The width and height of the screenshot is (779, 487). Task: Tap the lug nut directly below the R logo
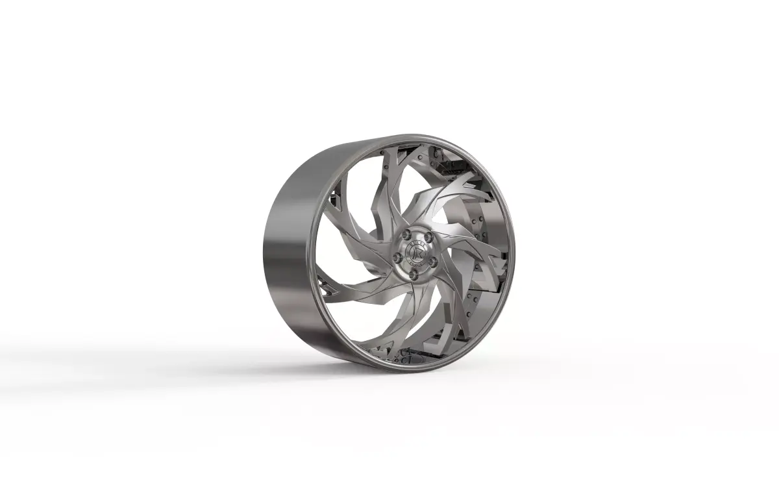point(412,275)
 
